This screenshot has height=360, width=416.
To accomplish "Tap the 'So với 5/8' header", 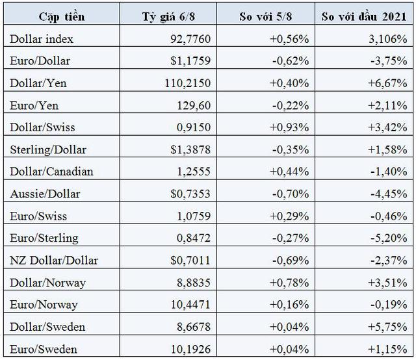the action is pyautogui.click(x=266, y=17).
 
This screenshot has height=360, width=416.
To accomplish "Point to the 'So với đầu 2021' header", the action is pyautogui.click(x=364, y=17).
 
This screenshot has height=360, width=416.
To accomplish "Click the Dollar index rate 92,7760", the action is pyautogui.click(x=190, y=39).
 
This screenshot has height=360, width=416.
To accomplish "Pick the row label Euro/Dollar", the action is pyautogui.click(x=40, y=61).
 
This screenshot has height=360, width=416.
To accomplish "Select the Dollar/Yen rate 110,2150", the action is pyautogui.click(x=188, y=83).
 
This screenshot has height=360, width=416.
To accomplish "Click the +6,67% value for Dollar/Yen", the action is pyautogui.click(x=387, y=83).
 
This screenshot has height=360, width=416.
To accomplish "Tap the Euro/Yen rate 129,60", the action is pyautogui.click(x=194, y=105).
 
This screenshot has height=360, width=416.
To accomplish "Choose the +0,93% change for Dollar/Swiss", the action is pyautogui.click(x=289, y=127).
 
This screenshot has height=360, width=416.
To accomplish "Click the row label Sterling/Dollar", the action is pyautogui.click(x=48, y=150).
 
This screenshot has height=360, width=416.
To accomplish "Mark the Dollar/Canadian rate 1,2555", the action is pyautogui.click(x=194, y=172).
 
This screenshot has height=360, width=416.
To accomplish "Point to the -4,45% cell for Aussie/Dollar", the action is pyautogui.click(x=389, y=194).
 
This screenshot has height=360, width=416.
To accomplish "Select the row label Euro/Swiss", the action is pyautogui.click(x=38, y=216).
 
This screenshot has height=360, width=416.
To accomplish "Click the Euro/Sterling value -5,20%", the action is pyautogui.click(x=389, y=238).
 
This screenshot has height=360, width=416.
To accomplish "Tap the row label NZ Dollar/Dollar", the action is pyautogui.click(x=54, y=261).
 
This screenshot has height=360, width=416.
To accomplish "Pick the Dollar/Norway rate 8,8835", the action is pyautogui.click(x=194, y=283).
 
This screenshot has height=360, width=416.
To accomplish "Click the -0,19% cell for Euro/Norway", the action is pyautogui.click(x=389, y=305).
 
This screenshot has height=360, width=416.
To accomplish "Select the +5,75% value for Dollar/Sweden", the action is pyautogui.click(x=387, y=327).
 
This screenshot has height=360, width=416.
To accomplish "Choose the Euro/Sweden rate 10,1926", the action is pyautogui.click(x=190, y=350).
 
